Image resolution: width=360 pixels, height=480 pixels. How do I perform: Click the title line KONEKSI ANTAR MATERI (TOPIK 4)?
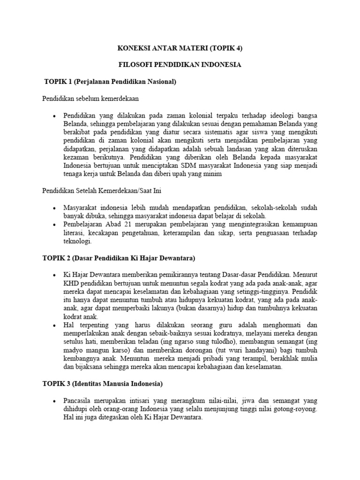click(x=180, y=48)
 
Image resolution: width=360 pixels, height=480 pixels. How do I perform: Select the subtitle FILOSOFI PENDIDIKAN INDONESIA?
click(x=180, y=65)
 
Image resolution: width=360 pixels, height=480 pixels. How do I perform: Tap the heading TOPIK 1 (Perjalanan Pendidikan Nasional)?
click(x=110, y=82)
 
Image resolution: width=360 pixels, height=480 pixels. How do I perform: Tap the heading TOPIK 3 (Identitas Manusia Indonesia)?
click(x=102, y=384)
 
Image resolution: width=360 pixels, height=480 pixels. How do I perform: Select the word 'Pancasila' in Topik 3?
click(x=78, y=401)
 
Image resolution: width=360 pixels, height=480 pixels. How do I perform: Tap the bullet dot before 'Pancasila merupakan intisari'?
click(x=54, y=401)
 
